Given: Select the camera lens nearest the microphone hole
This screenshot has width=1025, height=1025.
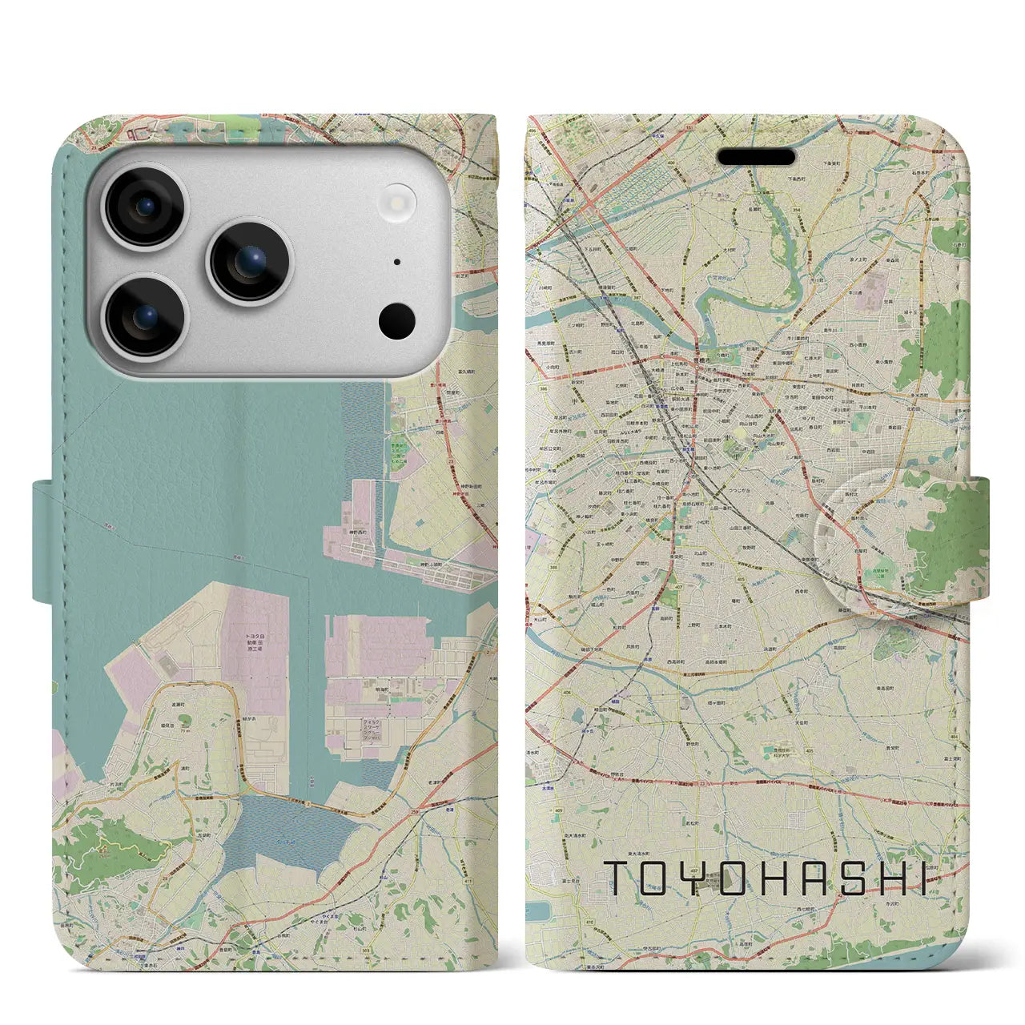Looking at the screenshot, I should [x=251, y=261].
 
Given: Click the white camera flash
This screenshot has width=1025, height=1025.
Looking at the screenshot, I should [x=400, y=203].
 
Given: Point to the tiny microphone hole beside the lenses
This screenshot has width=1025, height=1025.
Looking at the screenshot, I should [x=397, y=262].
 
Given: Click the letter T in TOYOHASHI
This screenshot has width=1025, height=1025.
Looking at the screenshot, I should [x=621, y=878].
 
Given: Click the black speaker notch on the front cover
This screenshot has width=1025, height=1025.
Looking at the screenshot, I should [x=756, y=156].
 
